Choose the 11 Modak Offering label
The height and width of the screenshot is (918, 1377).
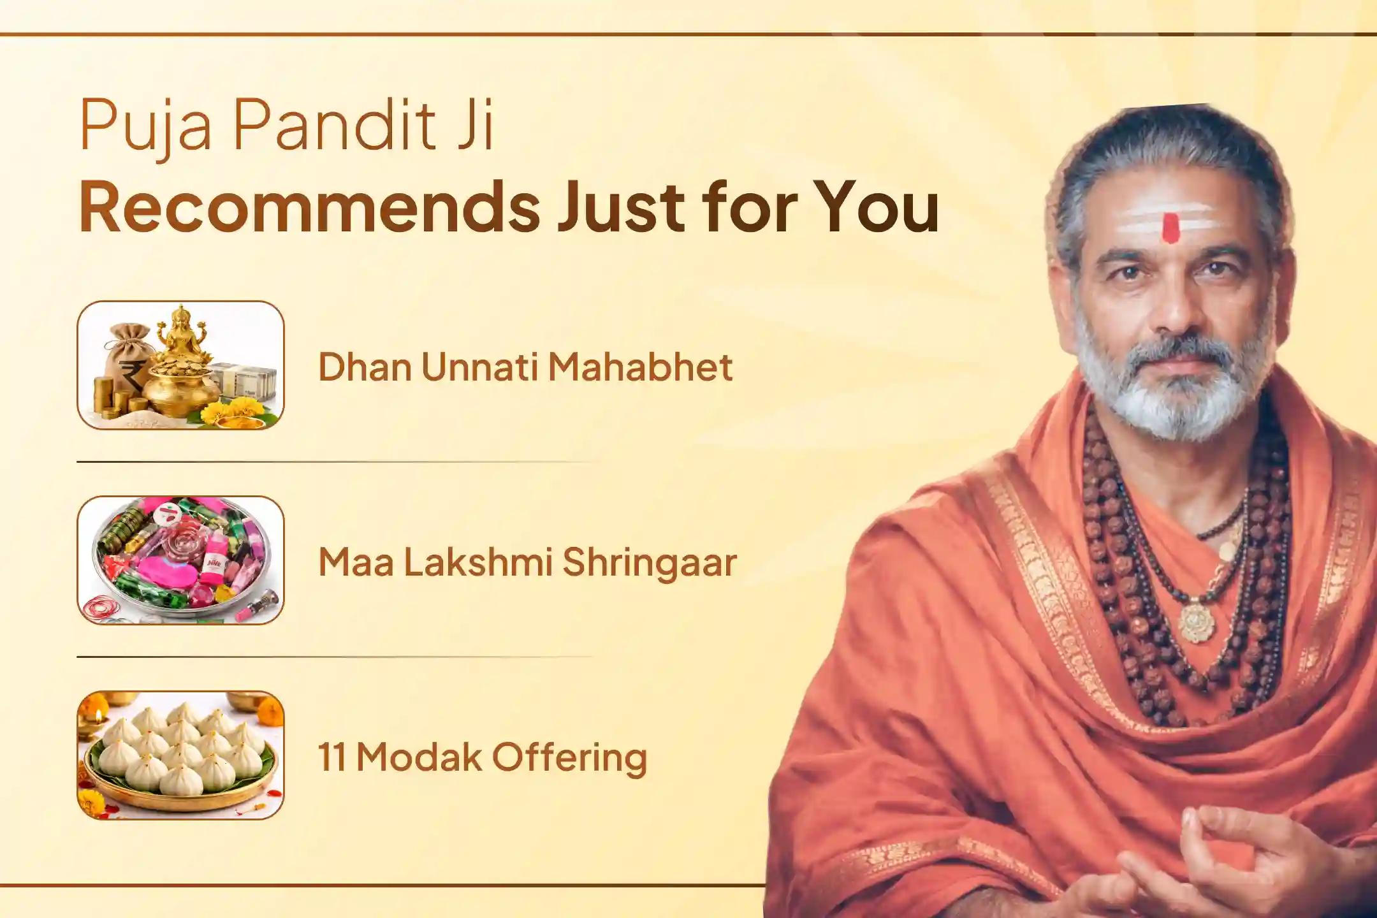pos(483,757)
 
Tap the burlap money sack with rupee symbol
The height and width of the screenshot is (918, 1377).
pos(130,354)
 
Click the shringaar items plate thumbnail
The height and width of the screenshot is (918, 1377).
pos(181,560)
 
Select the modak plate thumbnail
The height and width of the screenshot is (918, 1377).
pos(181,755)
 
